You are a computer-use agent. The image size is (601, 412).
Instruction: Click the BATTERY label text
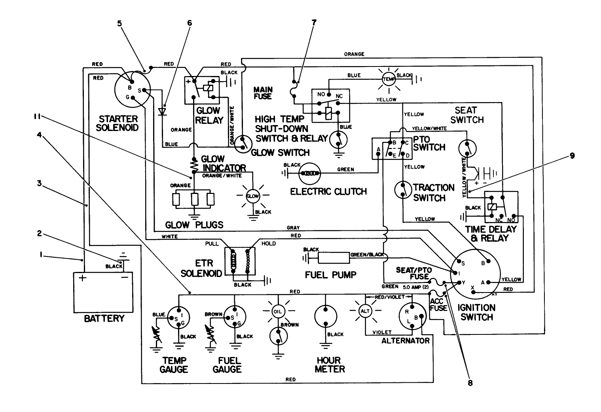[104, 318]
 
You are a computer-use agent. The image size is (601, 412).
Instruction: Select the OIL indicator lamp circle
[277, 311]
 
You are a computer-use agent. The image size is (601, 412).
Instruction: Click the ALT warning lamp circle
[364, 311]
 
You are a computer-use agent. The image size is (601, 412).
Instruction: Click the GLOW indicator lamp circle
[252, 196]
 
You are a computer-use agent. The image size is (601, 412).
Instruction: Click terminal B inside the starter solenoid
[129, 88]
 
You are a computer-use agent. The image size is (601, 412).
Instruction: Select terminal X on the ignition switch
[472, 288]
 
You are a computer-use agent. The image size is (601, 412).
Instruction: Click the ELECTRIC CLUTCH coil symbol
[309, 173]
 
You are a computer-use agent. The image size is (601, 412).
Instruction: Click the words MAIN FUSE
[263, 93]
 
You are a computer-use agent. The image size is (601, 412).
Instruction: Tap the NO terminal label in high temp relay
[321, 95]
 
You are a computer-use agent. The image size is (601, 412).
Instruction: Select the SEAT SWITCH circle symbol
[467, 148]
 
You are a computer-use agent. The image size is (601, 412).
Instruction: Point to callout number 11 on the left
[37, 116]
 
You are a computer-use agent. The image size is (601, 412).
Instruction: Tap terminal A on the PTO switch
[379, 149]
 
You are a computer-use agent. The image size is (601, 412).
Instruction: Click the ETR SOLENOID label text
[201, 268]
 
